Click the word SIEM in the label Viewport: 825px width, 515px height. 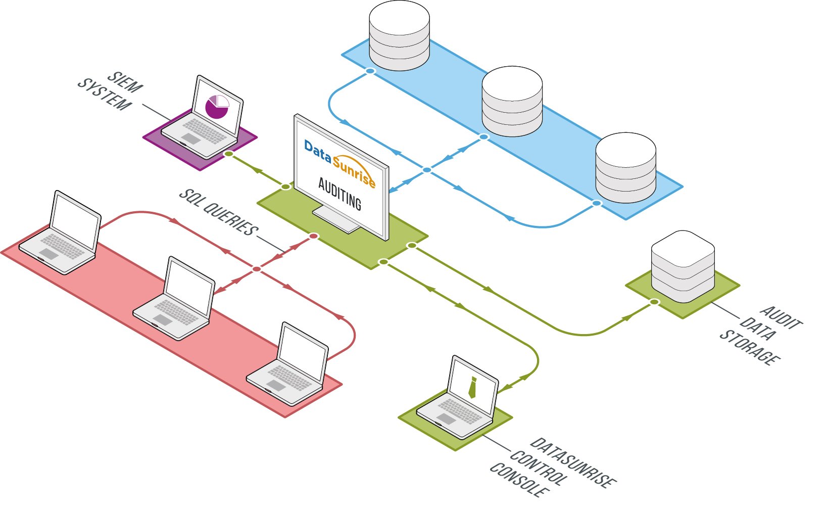tap(125, 82)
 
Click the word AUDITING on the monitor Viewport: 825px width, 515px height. tap(340, 194)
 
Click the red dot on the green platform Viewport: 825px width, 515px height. tap(314, 236)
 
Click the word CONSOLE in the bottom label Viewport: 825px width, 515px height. tap(519, 480)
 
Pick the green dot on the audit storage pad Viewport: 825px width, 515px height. tap(654, 302)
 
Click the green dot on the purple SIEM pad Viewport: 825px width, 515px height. tap(228, 153)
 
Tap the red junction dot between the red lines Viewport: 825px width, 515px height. tap(257, 269)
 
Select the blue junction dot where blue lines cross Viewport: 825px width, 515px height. tap(427, 170)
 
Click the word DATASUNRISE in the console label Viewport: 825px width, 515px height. tap(573, 463)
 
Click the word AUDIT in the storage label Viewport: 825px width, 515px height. tap(781, 317)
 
